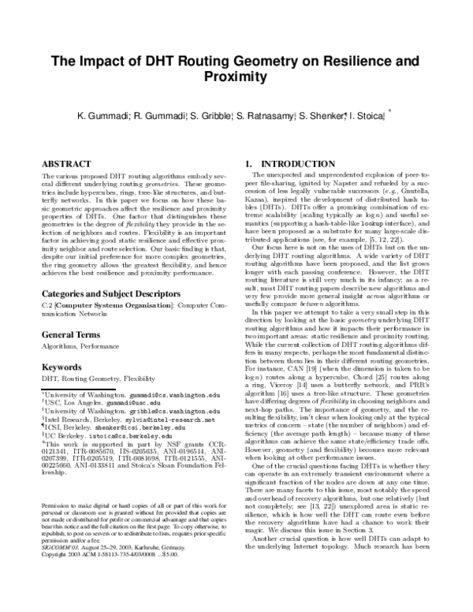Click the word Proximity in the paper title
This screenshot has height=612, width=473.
point(236,76)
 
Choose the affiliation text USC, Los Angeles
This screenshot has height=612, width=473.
point(73,401)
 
